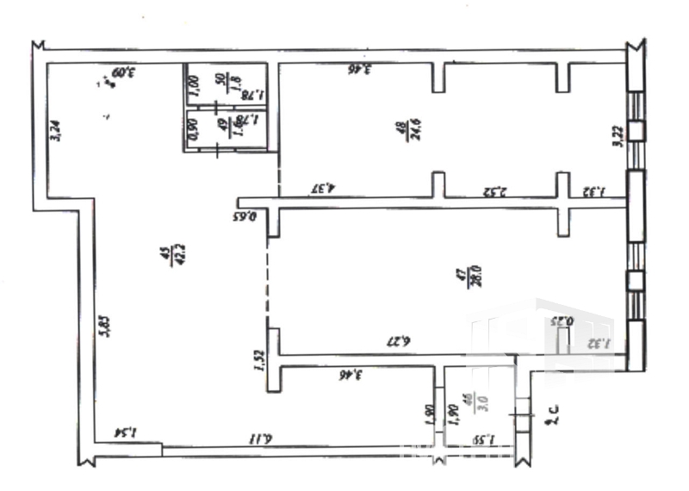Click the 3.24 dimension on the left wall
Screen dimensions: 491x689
click(x=56, y=130)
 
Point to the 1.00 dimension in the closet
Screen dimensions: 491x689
click(x=194, y=86)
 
